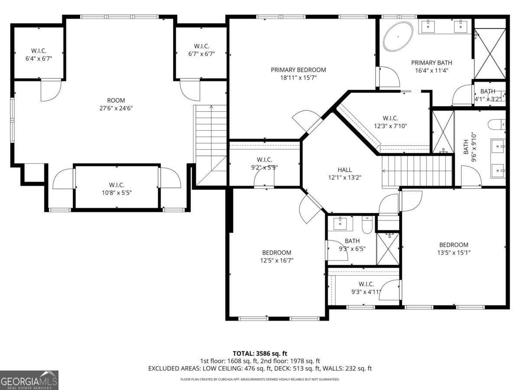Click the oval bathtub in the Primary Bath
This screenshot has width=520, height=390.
click(x=399, y=37)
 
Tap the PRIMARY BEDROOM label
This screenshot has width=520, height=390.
click(x=298, y=70)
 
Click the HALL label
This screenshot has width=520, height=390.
click(x=344, y=170)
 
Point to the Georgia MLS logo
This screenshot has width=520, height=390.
click(x=29, y=380)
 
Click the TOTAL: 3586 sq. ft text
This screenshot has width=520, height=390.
click(x=260, y=353)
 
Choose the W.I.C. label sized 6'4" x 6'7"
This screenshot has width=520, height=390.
click(x=39, y=50)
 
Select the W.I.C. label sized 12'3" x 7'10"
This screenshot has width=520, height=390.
click(x=390, y=118)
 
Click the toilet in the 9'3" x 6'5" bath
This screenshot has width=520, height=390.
click(x=367, y=225)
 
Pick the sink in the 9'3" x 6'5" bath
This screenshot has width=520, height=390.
click(x=340, y=223)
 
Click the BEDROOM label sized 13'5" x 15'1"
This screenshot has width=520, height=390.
click(x=453, y=245)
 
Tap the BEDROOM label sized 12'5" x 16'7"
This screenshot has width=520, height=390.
click(x=276, y=253)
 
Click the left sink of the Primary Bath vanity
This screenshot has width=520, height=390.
click(x=429, y=27)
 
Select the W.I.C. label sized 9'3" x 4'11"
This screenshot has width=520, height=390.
click(x=366, y=284)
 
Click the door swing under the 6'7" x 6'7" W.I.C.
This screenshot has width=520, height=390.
click(x=189, y=90)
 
